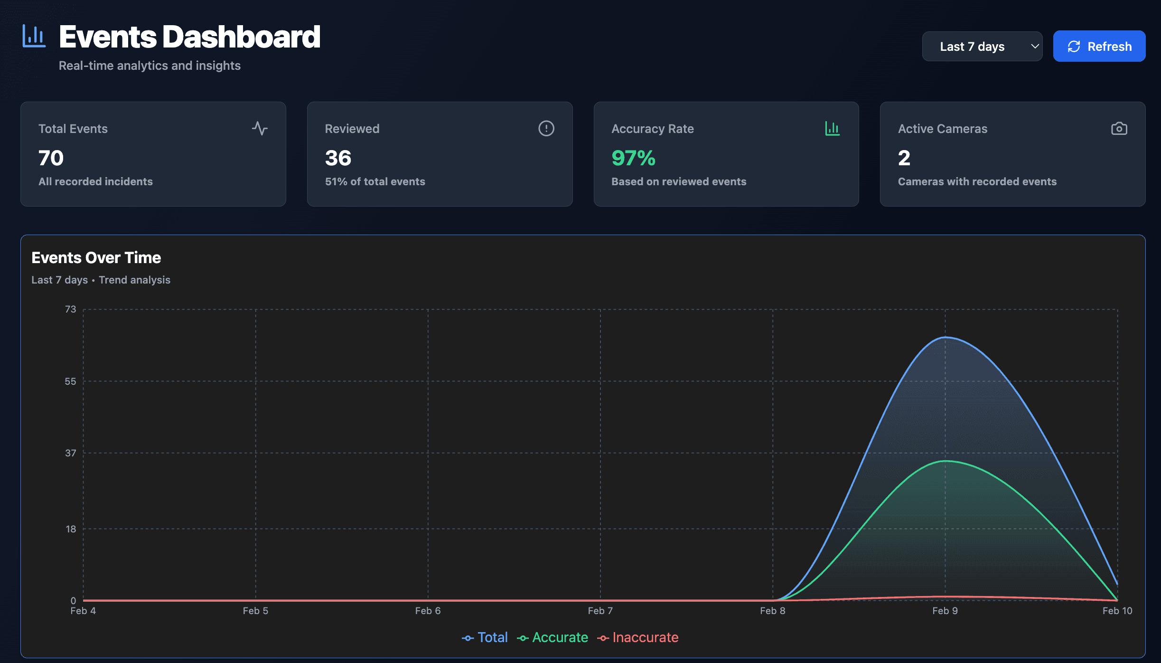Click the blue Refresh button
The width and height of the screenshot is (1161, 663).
pyautogui.click(x=1099, y=46)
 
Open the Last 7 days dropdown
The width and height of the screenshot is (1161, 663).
pyautogui.click(x=982, y=46)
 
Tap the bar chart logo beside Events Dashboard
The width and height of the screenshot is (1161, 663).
pyautogui.click(x=34, y=36)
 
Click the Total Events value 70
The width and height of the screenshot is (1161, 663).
pyautogui.click(x=51, y=158)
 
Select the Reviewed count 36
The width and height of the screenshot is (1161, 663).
pyautogui.click(x=338, y=158)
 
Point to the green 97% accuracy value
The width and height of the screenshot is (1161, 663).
pyautogui.click(x=633, y=158)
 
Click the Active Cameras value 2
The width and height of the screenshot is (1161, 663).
pyautogui.click(x=904, y=158)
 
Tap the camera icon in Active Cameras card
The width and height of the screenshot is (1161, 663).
pyautogui.click(x=1119, y=128)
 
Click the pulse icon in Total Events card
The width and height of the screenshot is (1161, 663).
pyautogui.click(x=260, y=128)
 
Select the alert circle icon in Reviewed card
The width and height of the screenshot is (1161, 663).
pyautogui.click(x=546, y=128)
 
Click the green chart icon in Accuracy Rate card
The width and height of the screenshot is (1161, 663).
pyautogui.click(x=832, y=128)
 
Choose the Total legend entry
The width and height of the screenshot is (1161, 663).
pyautogui.click(x=485, y=637)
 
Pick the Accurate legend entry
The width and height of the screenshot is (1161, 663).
pyautogui.click(x=552, y=637)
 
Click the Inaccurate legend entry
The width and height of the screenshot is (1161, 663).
pyautogui.click(x=638, y=637)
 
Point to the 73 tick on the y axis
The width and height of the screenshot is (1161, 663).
pyautogui.click(x=70, y=309)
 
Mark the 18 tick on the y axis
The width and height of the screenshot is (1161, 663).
pyautogui.click(x=71, y=529)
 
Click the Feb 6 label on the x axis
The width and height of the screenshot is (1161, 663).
pyautogui.click(x=428, y=611)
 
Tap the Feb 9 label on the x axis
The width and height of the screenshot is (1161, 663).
pyautogui.click(x=945, y=611)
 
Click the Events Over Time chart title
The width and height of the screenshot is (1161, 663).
pyautogui.click(x=96, y=257)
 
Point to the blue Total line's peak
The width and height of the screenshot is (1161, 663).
pyautogui.click(x=945, y=337)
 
